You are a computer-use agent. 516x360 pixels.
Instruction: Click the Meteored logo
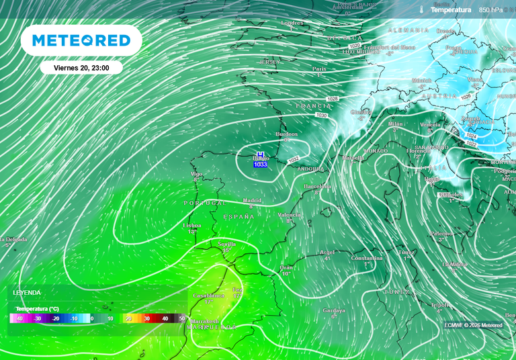coord(81,40)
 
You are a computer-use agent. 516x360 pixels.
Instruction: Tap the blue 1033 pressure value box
coord(260,165)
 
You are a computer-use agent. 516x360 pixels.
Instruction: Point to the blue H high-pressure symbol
coord(260,155)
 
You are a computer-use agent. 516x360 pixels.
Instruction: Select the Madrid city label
coord(252,200)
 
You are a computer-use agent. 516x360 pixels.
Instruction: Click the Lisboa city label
coord(192,226)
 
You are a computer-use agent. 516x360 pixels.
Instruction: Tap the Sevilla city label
coord(228,244)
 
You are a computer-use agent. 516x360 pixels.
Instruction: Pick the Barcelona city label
coord(318,186)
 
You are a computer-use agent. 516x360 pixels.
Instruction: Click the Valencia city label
coord(289,214)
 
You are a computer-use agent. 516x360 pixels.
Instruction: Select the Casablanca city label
coord(208,296)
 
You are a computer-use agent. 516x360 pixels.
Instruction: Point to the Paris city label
coord(319,69)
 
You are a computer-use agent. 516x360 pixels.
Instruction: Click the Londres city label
coord(292,23)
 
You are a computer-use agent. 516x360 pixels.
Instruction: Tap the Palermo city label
coord(441,233)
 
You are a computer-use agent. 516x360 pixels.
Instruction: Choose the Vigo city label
coord(196,173)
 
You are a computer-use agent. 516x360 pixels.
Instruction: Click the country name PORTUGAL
coord(205,202)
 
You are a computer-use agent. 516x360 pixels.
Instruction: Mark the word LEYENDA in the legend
coord(27,293)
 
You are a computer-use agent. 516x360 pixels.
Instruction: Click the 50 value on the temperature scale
coord(181,318)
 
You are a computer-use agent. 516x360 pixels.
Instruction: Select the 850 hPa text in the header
coord(490,10)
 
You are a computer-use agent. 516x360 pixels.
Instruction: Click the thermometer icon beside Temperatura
coord(421,10)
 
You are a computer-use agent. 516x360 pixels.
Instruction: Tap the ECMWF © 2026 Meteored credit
coord(473,325)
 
